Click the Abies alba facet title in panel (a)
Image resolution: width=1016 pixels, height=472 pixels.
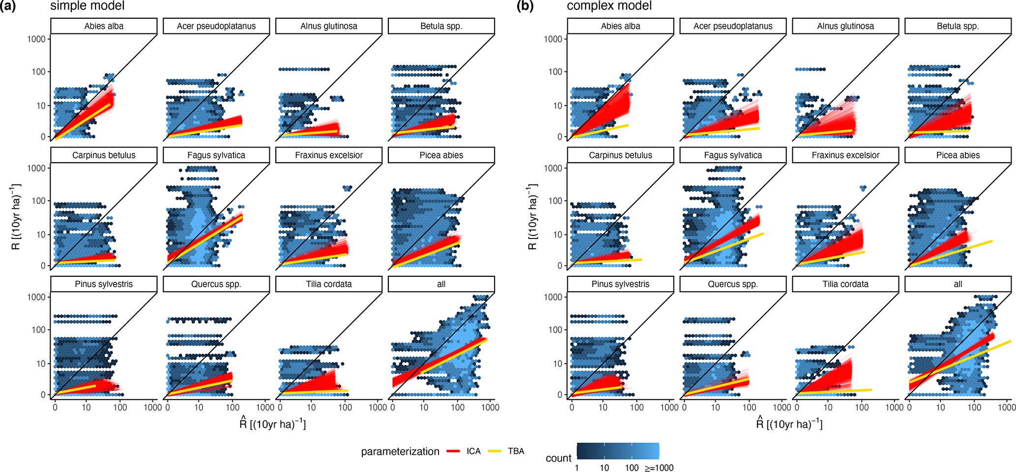(x=104, y=26)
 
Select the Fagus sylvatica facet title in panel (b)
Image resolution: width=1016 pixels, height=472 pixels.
(x=733, y=155)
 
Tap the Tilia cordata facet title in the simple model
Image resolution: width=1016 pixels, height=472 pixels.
(x=329, y=284)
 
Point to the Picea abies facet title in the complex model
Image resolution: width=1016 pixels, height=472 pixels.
(x=958, y=155)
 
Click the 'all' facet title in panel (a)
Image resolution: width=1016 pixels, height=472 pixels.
(x=441, y=284)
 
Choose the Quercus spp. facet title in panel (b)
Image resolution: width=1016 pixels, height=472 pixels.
(x=733, y=284)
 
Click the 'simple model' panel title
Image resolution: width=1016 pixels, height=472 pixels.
(x=87, y=6)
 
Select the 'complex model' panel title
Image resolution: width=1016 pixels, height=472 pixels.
(x=609, y=6)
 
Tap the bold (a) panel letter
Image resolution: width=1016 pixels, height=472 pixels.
(x=8, y=6)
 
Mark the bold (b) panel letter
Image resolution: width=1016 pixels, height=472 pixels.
(x=525, y=6)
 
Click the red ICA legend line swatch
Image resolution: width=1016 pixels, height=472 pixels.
(x=453, y=451)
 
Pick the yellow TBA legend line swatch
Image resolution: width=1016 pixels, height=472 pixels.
(x=494, y=451)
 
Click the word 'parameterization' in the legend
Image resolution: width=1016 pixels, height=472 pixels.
(x=400, y=452)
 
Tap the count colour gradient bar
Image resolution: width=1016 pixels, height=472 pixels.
(x=618, y=451)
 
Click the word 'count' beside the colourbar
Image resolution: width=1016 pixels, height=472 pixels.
(x=558, y=458)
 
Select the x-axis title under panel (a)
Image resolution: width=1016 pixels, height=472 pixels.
(x=273, y=423)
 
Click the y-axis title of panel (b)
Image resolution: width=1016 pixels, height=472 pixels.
(x=533, y=217)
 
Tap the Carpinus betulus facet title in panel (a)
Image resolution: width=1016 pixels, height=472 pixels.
(x=104, y=155)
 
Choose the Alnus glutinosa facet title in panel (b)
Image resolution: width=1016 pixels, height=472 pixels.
(x=845, y=26)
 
